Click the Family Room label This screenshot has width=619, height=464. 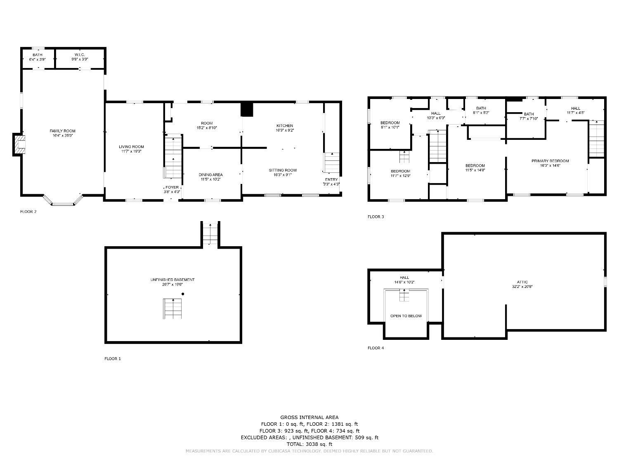click(x=62, y=131)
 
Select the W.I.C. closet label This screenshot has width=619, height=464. click(x=80, y=54)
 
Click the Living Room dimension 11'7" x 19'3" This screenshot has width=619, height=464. click(x=131, y=152)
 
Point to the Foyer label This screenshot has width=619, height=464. click(x=172, y=187)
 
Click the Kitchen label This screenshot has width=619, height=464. click(x=284, y=125)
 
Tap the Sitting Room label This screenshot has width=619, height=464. click(x=282, y=170)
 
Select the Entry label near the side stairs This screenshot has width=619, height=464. click(x=331, y=179)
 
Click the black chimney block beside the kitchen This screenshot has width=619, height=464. click(x=247, y=109)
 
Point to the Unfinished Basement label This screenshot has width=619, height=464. click(x=172, y=280)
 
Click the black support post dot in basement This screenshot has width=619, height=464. click(x=183, y=294)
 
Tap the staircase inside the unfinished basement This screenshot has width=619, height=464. click(x=172, y=309)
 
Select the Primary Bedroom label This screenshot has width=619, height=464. click(x=550, y=161)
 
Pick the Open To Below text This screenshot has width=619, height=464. click(x=406, y=316)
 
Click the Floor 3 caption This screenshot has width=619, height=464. click(x=376, y=217)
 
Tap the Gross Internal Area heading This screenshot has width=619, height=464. click(x=309, y=417)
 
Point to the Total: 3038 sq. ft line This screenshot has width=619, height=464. click(x=309, y=444)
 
